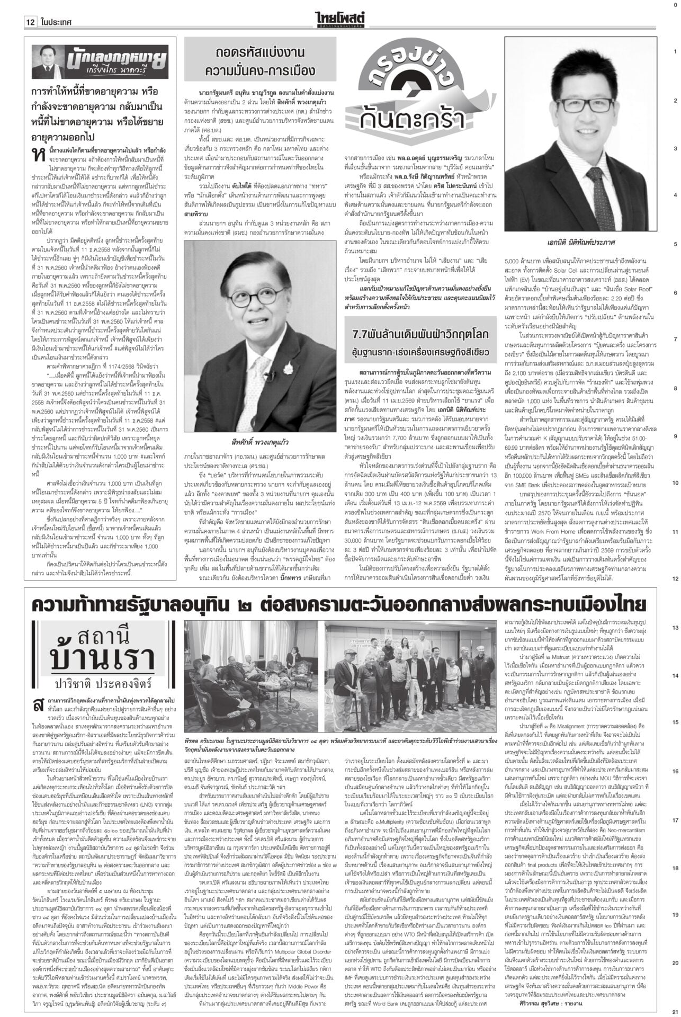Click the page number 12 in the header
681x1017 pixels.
point(30,23)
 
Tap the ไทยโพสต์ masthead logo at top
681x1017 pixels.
point(340,19)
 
